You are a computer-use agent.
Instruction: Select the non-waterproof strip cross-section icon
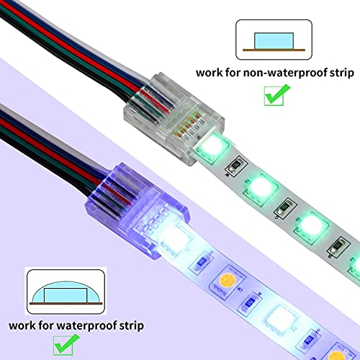tap(271, 40)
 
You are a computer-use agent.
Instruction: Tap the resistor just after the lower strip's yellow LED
tap(256, 299)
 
